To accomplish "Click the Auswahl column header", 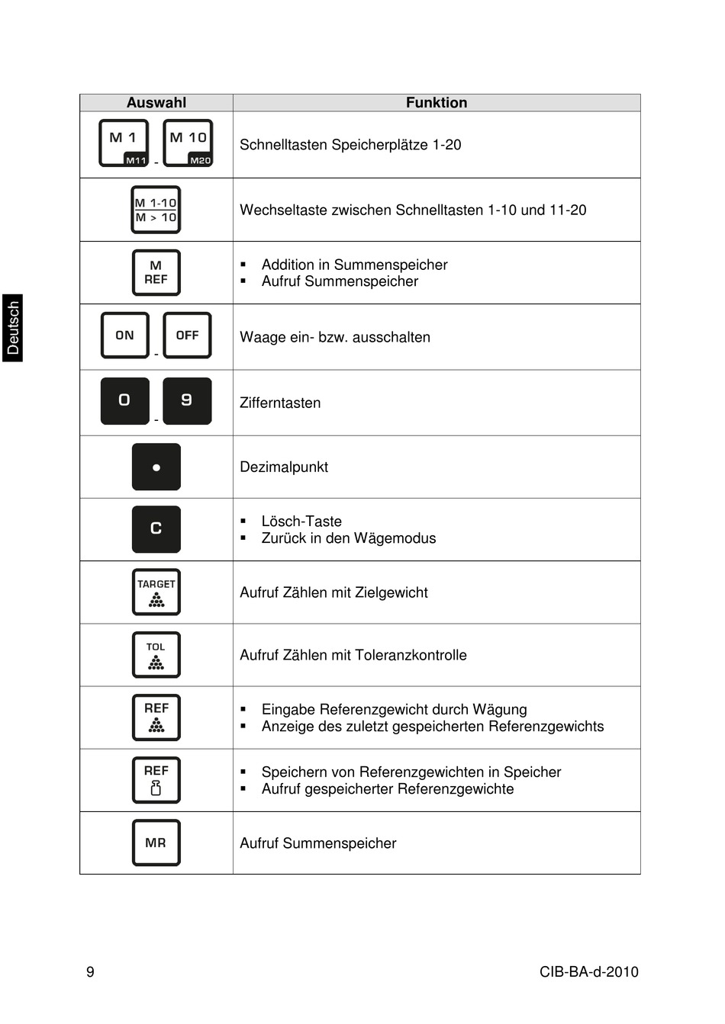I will (x=156, y=103).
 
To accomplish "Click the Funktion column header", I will (x=436, y=103).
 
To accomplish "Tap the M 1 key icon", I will (x=124, y=143).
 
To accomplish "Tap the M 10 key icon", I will (x=188, y=143).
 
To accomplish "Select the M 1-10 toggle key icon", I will (x=156, y=210).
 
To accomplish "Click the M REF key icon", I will (x=156, y=273).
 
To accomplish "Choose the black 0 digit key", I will (x=124, y=401).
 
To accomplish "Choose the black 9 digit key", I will (x=187, y=401).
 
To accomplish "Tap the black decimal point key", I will (x=156, y=467).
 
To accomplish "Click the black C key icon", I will (x=156, y=529).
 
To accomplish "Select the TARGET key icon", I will (x=156, y=592).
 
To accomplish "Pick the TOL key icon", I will (x=156, y=655).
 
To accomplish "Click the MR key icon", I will (x=156, y=843).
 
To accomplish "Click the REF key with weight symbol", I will (x=156, y=780).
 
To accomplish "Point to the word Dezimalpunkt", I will (x=284, y=467).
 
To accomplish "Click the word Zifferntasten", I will (x=280, y=403).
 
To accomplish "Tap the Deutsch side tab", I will (x=13, y=328).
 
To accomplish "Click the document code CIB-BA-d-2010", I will (x=588, y=972).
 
